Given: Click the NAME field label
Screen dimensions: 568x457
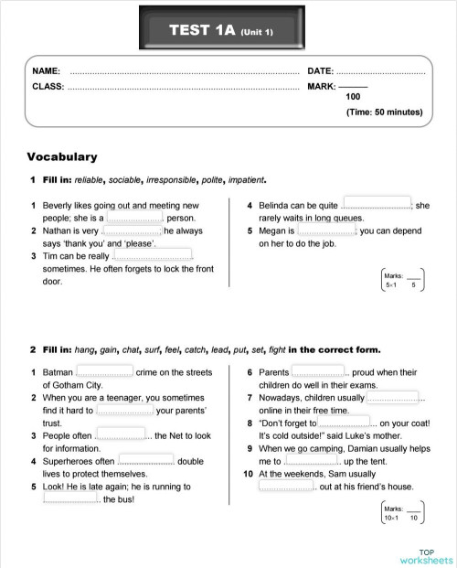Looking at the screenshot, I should (x=46, y=70).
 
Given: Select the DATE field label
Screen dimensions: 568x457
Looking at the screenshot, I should (x=320, y=70).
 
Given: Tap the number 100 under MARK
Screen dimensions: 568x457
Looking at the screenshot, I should (x=353, y=96).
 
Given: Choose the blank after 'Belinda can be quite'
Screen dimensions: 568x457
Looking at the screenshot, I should (x=377, y=206).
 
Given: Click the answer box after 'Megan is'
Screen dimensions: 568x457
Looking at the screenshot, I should (x=326, y=231).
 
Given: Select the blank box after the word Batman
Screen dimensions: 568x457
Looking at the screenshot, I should (x=104, y=372).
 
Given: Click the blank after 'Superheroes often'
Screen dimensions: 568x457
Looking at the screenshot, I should (x=146, y=461).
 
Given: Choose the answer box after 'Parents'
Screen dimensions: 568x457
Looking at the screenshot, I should (x=318, y=372).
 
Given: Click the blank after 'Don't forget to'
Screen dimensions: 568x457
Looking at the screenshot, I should (x=345, y=423).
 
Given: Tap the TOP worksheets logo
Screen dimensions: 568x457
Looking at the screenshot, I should (x=425, y=555).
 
